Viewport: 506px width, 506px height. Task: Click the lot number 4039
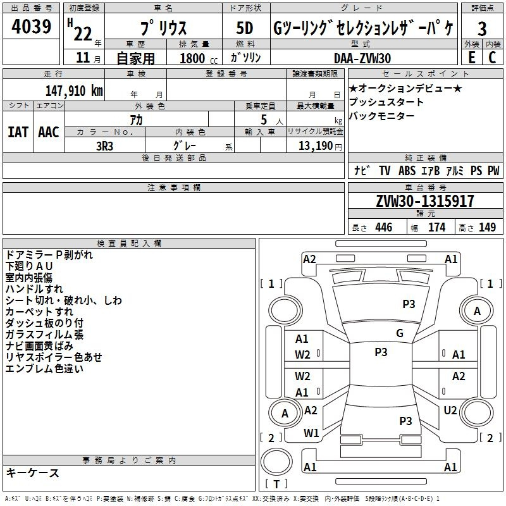point(32,27)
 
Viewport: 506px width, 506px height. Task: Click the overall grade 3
point(482,28)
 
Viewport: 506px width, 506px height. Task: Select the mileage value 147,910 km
point(74,90)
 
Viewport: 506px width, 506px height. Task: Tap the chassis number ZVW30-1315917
point(425,201)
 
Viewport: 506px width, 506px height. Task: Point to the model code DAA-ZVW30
point(362,58)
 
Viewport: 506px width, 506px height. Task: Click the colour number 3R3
point(104,146)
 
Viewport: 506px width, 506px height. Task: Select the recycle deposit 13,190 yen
point(320,146)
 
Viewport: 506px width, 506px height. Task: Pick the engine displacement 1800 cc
point(199,58)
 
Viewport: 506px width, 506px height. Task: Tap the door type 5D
point(245,28)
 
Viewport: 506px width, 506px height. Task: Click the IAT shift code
point(18,132)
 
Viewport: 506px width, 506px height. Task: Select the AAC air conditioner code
point(49,132)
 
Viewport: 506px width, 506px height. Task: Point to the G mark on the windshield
point(400,333)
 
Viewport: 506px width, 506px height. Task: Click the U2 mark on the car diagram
point(450,410)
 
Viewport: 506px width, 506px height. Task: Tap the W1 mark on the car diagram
point(311,433)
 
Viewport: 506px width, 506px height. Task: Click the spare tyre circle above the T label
point(276,461)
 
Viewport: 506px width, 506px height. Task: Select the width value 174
point(436,227)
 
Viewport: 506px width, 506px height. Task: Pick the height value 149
point(487,227)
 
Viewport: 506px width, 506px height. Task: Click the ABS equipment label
point(407,170)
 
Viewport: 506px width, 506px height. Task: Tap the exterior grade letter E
point(471,58)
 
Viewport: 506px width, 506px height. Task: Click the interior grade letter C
point(492,58)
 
